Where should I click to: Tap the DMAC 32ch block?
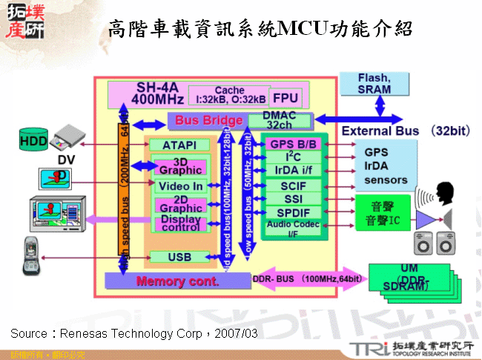(x=280, y=120)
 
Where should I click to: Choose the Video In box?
(x=179, y=186)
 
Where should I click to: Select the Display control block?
(x=179, y=223)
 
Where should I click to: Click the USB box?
(x=179, y=257)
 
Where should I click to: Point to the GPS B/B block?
(x=293, y=144)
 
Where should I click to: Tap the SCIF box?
(x=293, y=185)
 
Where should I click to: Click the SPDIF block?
(x=293, y=212)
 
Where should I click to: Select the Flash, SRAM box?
(x=374, y=84)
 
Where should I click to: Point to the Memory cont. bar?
(x=178, y=281)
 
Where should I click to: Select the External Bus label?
(x=380, y=131)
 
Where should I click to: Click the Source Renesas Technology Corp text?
(x=133, y=334)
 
